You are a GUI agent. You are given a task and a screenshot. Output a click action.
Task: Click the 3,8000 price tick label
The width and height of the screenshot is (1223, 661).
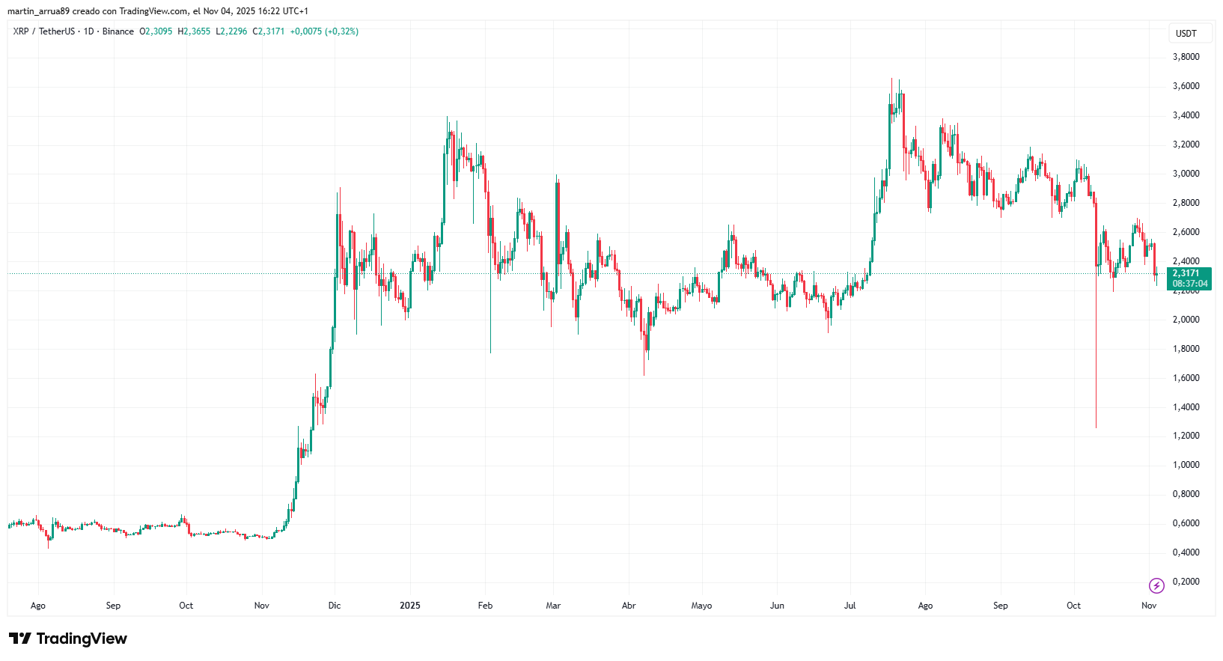point(1186,57)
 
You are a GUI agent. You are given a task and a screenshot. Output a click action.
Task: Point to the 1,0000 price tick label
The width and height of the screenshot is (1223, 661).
point(1186,465)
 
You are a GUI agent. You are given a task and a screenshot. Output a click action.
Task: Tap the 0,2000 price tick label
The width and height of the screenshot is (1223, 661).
point(1186,582)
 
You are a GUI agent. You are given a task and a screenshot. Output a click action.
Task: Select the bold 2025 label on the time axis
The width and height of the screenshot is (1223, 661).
point(410,606)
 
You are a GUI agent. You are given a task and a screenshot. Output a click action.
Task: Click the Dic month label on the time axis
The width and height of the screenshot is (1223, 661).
point(335,606)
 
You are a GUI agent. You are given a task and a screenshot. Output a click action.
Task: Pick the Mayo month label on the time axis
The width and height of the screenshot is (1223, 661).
point(701,606)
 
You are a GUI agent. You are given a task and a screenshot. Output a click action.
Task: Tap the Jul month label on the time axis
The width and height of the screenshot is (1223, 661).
point(850,606)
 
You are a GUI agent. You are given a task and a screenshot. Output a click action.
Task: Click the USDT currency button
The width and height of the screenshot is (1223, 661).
point(1186,34)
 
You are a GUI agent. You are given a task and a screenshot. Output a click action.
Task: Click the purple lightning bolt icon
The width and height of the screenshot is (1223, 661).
point(1156,585)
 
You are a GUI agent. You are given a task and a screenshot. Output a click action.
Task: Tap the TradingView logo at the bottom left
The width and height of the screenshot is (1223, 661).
point(68,639)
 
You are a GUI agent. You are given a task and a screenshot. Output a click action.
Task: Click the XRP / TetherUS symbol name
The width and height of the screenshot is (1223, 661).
point(44,31)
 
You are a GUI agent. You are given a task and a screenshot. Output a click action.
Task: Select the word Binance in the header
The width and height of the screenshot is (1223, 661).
point(118,31)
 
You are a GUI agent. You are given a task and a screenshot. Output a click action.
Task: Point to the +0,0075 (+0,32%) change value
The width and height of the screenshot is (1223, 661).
point(324,31)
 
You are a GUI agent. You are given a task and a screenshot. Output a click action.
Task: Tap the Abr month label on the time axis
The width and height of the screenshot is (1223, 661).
point(629,606)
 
